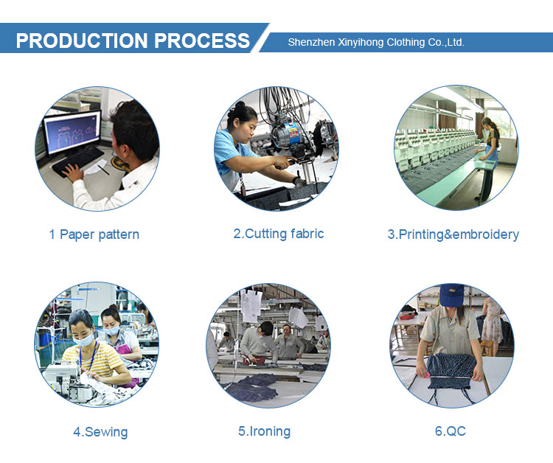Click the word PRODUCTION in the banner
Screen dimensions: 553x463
(82, 41)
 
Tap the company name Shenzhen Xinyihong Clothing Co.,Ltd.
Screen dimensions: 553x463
(376, 42)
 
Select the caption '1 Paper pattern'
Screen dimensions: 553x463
(94, 234)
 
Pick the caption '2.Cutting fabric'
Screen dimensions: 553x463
(279, 234)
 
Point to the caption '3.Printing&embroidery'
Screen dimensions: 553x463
(453, 234)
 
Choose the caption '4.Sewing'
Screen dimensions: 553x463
(100, 432)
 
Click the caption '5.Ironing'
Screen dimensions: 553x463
(265, 431)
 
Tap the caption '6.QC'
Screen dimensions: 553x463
(451, 431)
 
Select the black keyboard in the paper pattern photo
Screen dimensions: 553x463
(77, 161)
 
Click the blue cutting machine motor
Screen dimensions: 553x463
(286, 133)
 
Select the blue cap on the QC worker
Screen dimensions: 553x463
(451, 295)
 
